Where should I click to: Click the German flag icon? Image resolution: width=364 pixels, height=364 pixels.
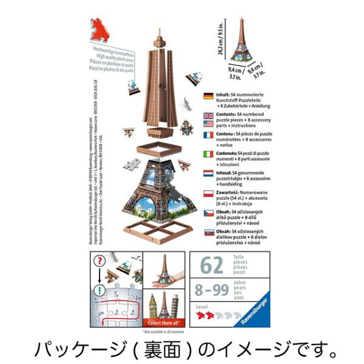[x=207, y=96]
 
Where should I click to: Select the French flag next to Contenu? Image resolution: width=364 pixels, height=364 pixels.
[x=207, y=134]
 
